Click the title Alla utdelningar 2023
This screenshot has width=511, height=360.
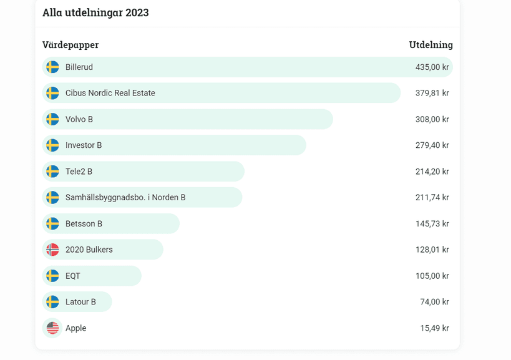[95, 12]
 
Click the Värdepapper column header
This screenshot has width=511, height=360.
[71, 45]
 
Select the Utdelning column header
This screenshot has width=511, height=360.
[431, 45]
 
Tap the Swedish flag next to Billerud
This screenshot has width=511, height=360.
[52, 67]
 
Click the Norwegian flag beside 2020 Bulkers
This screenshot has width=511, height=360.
[52, 250]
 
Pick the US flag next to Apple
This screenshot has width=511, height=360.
[52, 328]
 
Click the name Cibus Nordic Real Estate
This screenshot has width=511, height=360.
[110, 93]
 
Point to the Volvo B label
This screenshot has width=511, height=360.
[79, 119]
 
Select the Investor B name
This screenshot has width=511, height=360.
[84, 145]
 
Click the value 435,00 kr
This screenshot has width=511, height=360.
[432, 67]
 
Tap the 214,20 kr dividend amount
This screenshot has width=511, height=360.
[432, 172]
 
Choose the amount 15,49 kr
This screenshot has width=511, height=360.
[434, 328]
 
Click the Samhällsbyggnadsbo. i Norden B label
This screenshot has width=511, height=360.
[125, 198]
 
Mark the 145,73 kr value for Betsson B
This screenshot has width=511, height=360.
[432, 224]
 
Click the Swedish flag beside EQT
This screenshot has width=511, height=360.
[52, 276]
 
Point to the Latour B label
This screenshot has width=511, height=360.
[80, 302]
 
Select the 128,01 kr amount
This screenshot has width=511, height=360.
[432, 250]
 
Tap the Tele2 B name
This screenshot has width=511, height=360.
[79, 172]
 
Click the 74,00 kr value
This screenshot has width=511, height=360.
[434, 302]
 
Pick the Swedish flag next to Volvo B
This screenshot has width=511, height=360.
[52, 119]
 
